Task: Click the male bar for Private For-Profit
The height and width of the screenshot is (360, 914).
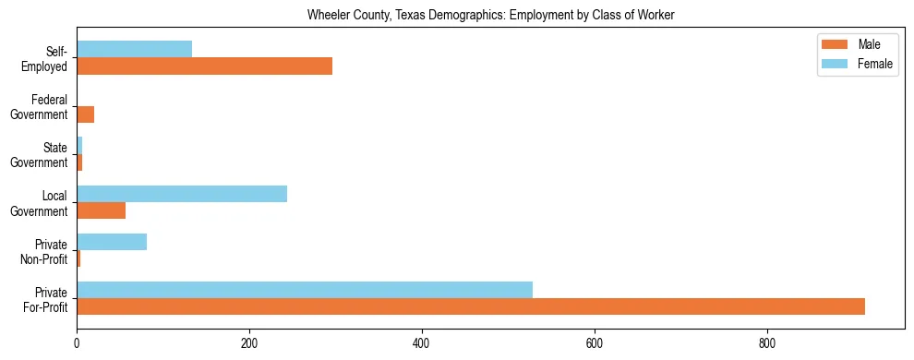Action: [x=471, y=306]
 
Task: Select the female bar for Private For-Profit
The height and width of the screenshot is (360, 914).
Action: [x=305, y=290]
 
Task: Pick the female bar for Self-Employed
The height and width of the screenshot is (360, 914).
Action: [x=135, y=50]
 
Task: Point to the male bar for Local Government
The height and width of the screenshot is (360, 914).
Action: [x=101, y=210]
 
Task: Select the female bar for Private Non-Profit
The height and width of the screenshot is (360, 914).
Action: [x=112, y=242]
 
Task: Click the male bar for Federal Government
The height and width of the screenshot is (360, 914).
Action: [x=85, y=114]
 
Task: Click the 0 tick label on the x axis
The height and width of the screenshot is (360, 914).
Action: [x=77, y=343]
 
